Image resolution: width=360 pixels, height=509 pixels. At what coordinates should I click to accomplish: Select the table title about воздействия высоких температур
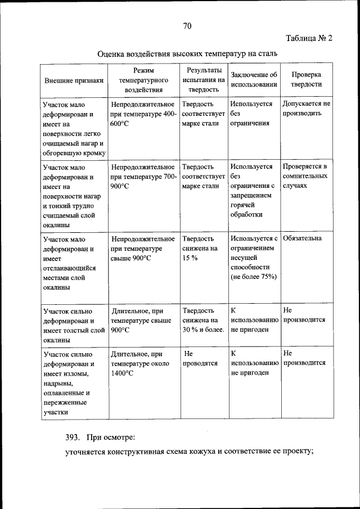[187, 55]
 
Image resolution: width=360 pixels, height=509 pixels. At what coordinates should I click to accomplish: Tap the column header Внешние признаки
[74, 80]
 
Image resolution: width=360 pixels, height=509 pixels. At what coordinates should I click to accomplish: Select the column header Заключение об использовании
[254, 79]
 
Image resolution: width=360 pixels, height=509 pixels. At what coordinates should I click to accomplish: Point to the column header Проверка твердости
[306, 79]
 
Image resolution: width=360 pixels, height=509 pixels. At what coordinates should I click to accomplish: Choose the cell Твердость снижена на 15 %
[200, 248]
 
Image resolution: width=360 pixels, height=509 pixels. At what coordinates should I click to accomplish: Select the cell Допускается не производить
[306, 109]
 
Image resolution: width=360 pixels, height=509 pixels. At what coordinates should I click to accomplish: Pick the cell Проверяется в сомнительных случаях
[305, 175]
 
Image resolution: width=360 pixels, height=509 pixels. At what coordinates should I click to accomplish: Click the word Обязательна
[303, 238]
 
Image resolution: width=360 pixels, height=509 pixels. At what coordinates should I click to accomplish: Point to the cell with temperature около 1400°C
[137, 363]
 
